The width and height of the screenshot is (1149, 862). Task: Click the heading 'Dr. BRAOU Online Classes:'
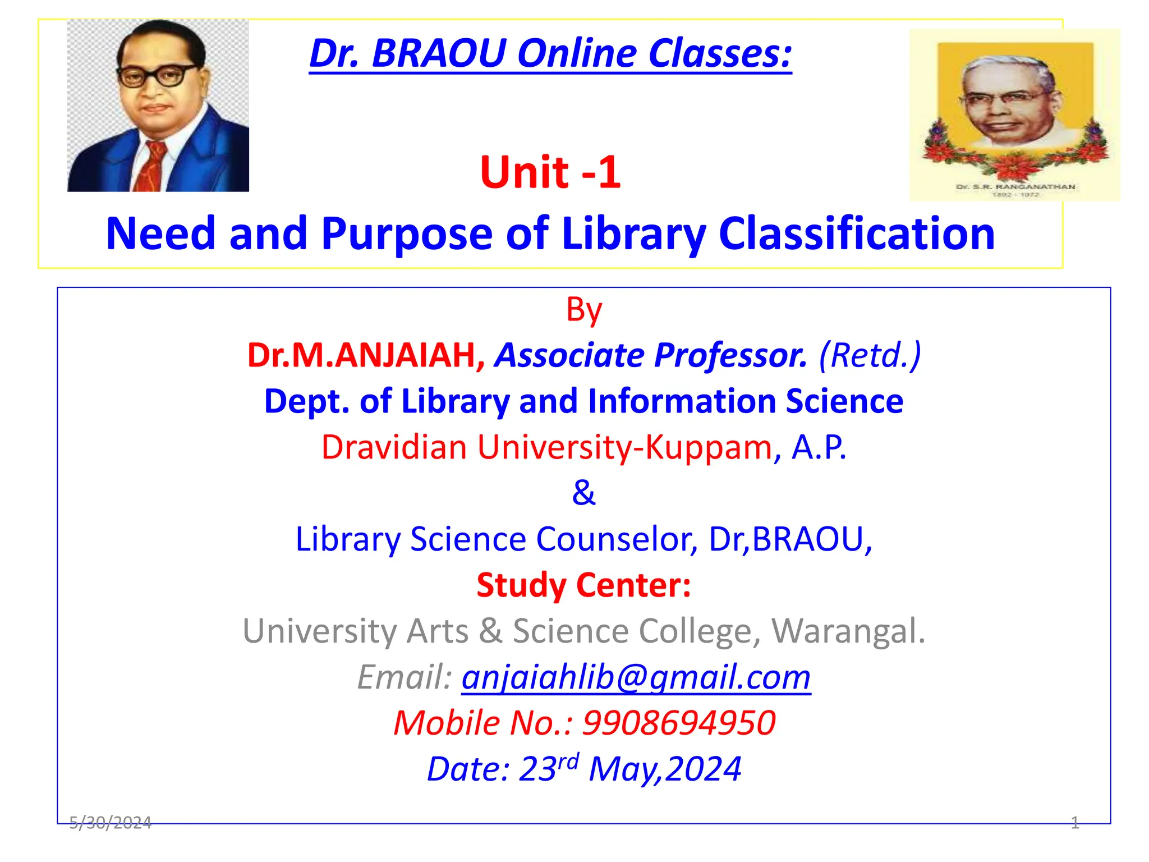point(550,54)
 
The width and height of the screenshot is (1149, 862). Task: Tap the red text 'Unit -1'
point(550,172)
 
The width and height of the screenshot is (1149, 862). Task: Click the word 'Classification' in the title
point(856,233)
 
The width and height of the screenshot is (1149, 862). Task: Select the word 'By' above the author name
point(583,310)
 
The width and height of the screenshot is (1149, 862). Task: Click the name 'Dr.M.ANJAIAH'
point(361,355)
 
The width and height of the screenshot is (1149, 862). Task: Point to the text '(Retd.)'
point(870,355)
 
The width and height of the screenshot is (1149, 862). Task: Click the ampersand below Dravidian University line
point(583,493)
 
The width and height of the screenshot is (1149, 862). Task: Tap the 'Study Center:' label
point(583,585)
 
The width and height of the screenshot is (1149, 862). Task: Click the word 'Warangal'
point(847,631)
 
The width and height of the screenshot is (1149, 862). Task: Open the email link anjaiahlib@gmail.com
point(636,677)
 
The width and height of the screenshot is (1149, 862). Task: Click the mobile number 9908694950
point(679,723)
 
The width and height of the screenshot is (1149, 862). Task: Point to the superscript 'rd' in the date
point(568,762)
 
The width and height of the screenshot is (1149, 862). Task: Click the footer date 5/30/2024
point(110,823)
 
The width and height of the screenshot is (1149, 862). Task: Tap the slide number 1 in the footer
point(1074,823)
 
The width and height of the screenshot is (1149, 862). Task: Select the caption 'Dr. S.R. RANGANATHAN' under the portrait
point(1015,187)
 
